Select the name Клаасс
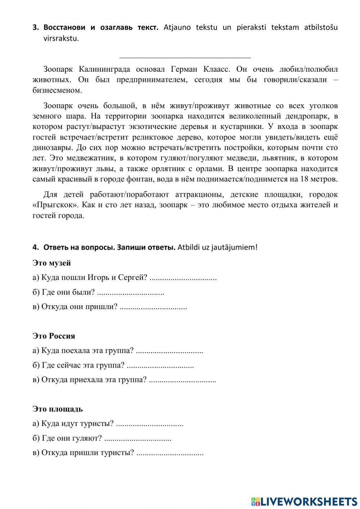pyautogui.click(x=217, y=69)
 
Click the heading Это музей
pyautogui.click(x=51, y=263)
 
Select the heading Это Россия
pyautogui.click(x=54, y=336)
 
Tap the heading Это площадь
pyautogui.click(x=58, y=409)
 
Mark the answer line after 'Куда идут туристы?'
pyautogui.click(x=150, y=424)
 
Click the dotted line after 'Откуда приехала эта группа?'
pyautogui.click(x=182, y=380)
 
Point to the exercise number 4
pyautogui.click(x=35, y=247)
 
